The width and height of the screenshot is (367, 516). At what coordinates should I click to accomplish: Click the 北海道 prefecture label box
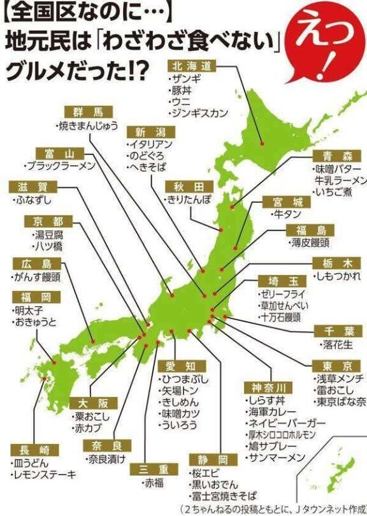pyautogui.click(x=194, y=66)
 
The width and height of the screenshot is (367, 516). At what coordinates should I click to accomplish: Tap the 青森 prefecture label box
pyautogui.click(x=337, y=156)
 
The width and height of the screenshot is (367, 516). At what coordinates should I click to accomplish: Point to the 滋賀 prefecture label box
pyautogui.click(x=34, y=187)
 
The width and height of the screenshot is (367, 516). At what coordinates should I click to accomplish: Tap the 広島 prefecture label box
pyautogui.click(x=36, y=264)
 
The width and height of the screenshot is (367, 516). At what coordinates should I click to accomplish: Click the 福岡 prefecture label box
pyautogui.click(x=36, y=297)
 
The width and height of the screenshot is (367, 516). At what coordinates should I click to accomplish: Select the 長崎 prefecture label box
pyautogui.click(x=35, y=450)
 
